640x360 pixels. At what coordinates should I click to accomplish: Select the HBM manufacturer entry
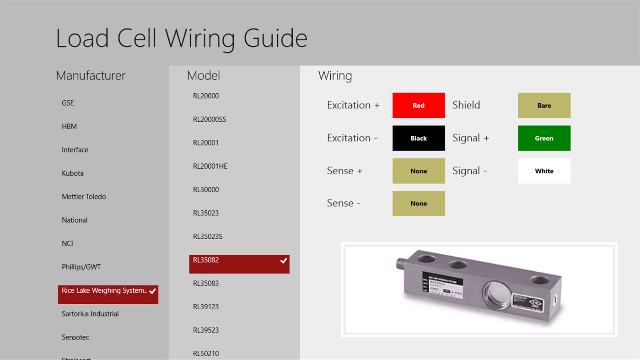pos(70,126)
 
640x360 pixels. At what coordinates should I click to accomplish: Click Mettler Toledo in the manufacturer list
pos(84,197)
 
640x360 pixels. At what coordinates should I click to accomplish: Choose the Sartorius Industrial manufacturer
pos(90,314)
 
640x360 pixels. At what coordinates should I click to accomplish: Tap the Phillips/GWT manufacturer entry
pos(81,267)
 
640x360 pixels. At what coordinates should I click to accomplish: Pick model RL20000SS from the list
pos(210,119)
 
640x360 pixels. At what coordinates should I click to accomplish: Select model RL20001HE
pos(210,166)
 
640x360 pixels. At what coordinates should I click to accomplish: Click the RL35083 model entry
pos(206,283)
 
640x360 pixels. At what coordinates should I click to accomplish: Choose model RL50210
pos(206,353)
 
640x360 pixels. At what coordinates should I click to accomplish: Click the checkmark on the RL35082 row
pos(284,261)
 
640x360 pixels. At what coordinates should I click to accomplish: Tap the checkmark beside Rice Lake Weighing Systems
pos(152,291)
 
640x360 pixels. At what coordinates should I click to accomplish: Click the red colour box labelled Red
pos(419,105)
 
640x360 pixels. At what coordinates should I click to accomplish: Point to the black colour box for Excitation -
pos(419,138)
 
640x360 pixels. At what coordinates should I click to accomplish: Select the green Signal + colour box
pos(544,138)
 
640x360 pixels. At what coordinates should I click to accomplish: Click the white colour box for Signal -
pos(544,171)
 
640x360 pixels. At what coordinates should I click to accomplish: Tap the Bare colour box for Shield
pos(544,105)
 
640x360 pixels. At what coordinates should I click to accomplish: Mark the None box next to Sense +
pos(419,171)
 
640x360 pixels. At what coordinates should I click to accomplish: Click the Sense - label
pos(344,204)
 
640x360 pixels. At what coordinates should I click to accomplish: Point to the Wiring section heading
pos(335,75)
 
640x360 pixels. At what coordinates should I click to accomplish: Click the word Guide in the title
pos(275,38)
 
